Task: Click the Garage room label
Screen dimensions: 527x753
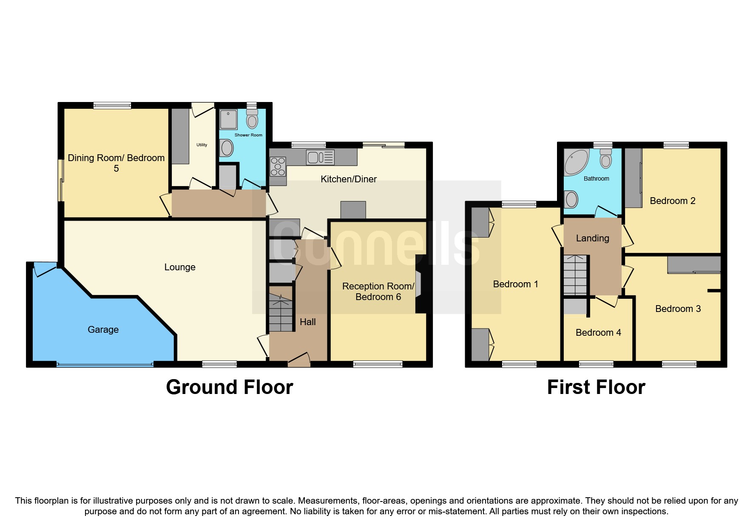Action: coord(103,330)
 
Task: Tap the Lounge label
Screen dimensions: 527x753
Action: coord(180,267)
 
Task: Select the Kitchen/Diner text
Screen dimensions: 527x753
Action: coord(349,179)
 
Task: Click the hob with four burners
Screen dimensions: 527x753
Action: coord(278,166)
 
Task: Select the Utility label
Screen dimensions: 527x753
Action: coord(202,145)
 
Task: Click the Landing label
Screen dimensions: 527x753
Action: coord(592,238)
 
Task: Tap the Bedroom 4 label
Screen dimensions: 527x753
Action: coord(598,333)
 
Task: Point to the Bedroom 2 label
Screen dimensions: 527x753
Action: coord(672,201)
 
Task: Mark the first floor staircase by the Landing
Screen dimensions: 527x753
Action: coord(575,275)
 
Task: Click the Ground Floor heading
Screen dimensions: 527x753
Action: coord(230,387)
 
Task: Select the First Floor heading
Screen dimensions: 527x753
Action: coord(596,387)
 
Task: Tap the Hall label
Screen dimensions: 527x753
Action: coord(307,322)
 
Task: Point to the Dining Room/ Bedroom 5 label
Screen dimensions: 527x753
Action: coord(116,163)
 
